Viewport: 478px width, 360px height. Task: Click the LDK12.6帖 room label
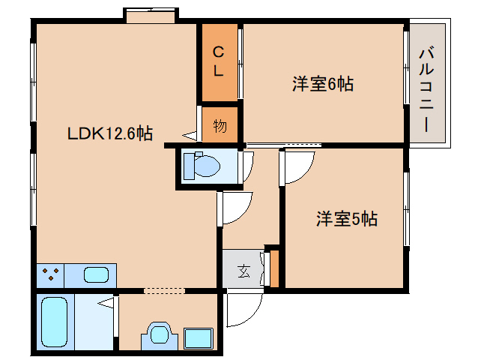[x=110, y=133]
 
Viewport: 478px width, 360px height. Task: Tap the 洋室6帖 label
[x=322, y=84]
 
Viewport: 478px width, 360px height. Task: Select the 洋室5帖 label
[x=345, y=219]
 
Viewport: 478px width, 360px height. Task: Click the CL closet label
[x=218, y=62]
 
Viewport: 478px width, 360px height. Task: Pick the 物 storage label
[x=220, y=125]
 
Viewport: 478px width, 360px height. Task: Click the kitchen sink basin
[x=96, y=275]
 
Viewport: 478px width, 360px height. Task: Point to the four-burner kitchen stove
[x=51, y=275]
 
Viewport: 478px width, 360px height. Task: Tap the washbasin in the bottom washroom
[x=159, y=334]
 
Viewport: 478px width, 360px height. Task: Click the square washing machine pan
[x=199, y=337]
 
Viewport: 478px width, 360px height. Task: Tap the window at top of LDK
[x=151, y=15]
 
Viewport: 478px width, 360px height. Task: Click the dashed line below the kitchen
[x=164, y=290]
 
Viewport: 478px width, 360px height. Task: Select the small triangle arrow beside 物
[x=189, y=136]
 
